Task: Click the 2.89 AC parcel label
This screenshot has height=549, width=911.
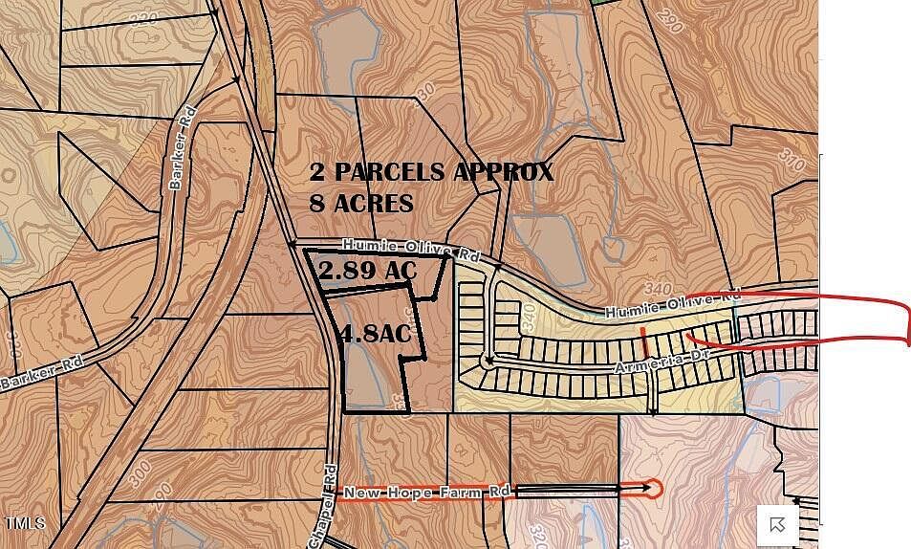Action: (368, 271)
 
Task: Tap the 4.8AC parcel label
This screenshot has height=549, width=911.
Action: (375, 334)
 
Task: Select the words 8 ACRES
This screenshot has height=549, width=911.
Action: (361, 204)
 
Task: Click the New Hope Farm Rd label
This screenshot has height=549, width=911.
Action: (426, 492)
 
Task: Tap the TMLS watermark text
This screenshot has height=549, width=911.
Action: (24, 524)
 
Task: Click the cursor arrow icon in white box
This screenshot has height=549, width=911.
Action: (777, 523)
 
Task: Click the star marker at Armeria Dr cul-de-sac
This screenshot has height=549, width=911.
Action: (488, 361)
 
